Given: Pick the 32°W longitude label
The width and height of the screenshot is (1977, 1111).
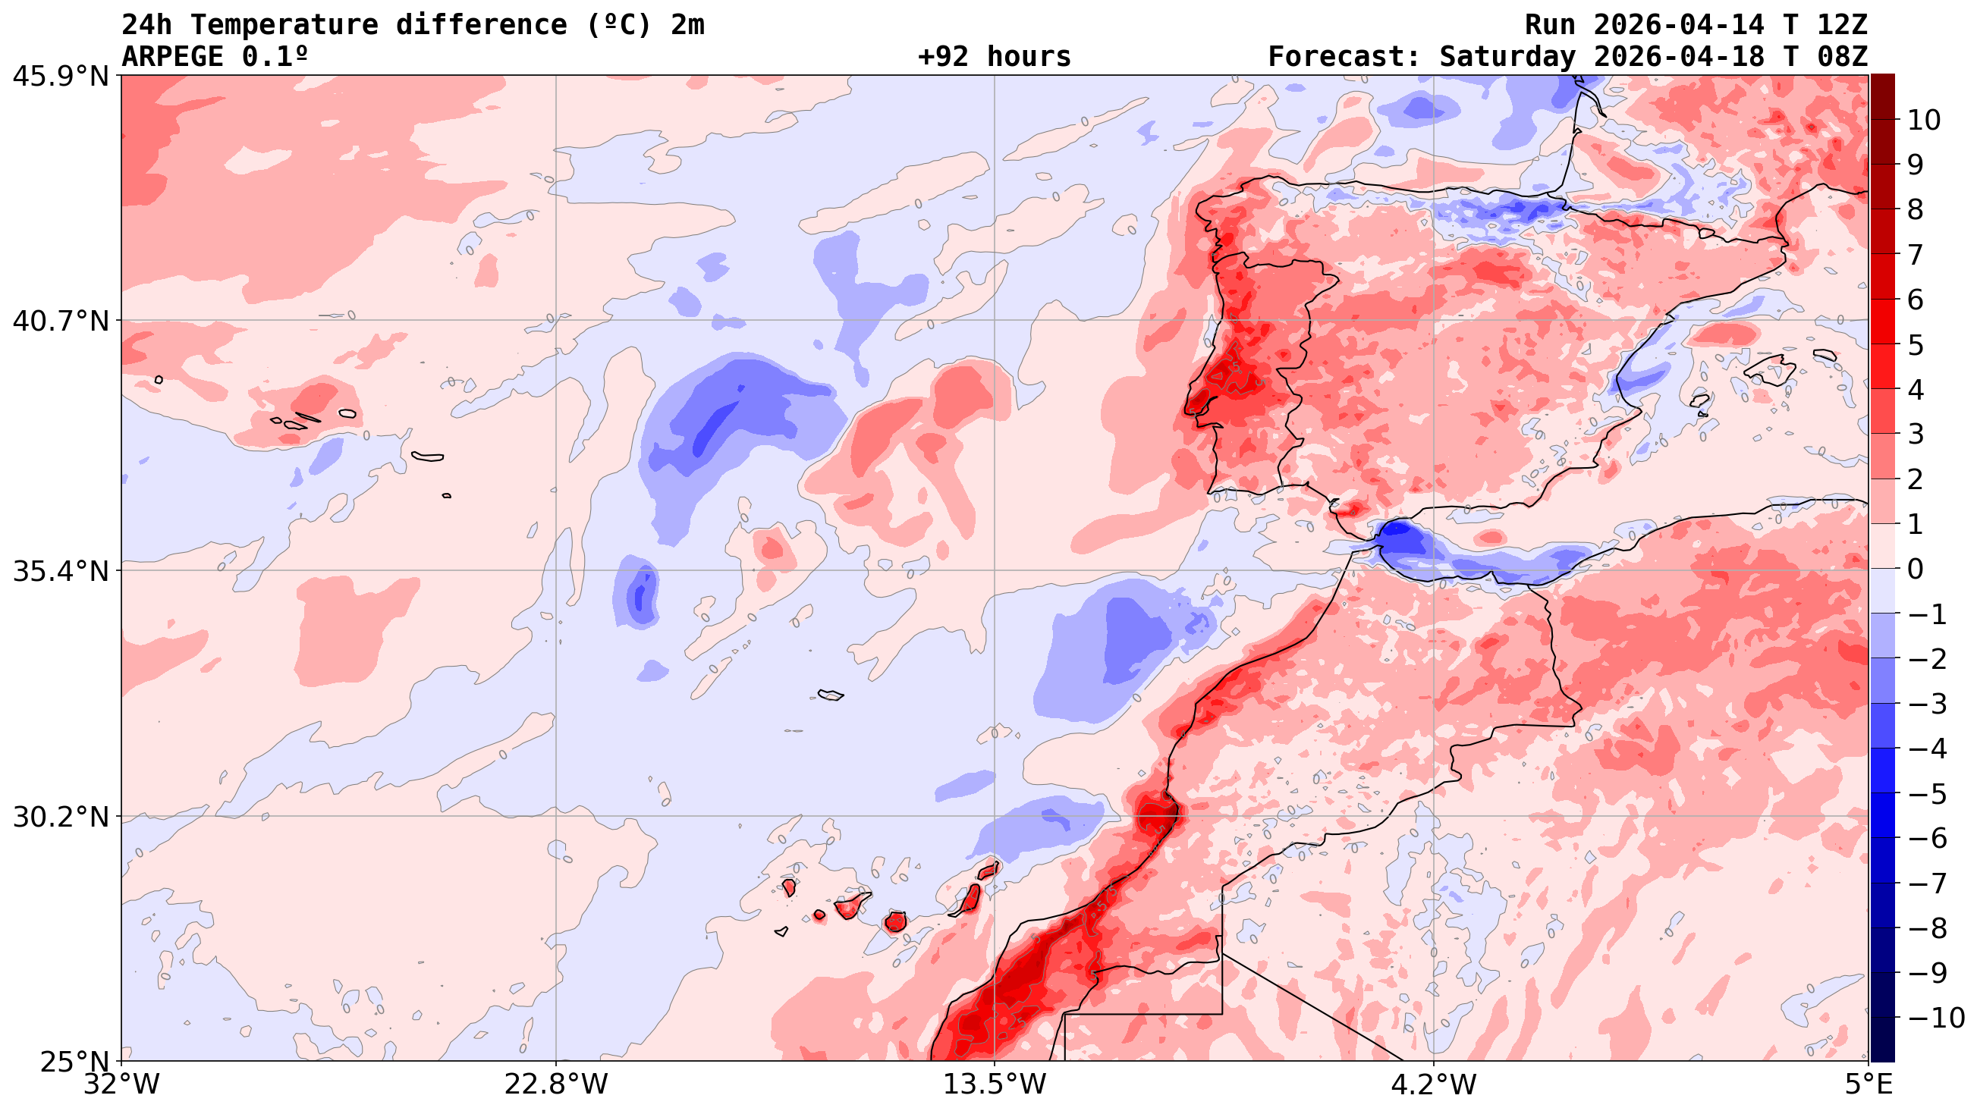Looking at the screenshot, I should pyautogui.click(x=121, y=1085).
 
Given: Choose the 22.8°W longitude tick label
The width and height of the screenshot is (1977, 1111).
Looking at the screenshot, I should pyautogui.click(x=555, y=1085).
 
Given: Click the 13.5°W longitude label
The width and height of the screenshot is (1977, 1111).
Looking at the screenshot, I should pyautogui.click(x=995, y=1085).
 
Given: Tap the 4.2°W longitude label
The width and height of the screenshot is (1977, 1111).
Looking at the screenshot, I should pyautogui.click(x=1434, y=1085).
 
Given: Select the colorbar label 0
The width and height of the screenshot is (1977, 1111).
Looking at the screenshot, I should pyautogui.click(x=1916, y=570).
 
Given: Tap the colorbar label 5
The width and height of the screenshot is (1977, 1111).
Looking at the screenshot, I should pyautogui.click(x=1916, y=345).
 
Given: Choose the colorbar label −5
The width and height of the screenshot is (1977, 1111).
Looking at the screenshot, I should pyautogui.click(x=1926, y=794).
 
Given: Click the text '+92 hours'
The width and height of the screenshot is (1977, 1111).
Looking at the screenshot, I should pyautogui.click(x=994, y=57).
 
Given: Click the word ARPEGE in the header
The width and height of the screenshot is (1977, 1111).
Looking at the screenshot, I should pyautogui.click(x=173, y=57).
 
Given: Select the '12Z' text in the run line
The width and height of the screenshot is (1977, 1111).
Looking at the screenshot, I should pyautogui.click(x=1842, y=25).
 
